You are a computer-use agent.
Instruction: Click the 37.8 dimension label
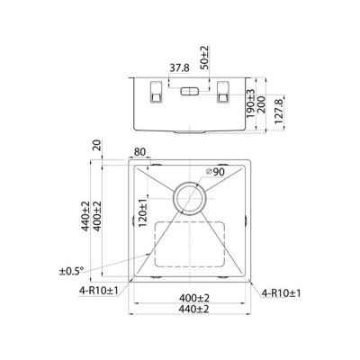click(179, 68)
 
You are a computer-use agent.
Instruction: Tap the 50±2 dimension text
click(205, 58)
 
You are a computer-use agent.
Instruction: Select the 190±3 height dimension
click(250, 103)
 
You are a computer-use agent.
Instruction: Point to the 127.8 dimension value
click(279, 112)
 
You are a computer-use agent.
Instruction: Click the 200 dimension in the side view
click(261, 104)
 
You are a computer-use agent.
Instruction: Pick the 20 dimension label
click(97, 147)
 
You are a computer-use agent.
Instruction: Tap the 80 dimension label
click(139, 152)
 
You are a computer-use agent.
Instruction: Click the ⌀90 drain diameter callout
click(215, 172)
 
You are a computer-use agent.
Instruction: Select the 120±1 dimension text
click(143, 212)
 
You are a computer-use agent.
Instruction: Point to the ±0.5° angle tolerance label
click(71, 271)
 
